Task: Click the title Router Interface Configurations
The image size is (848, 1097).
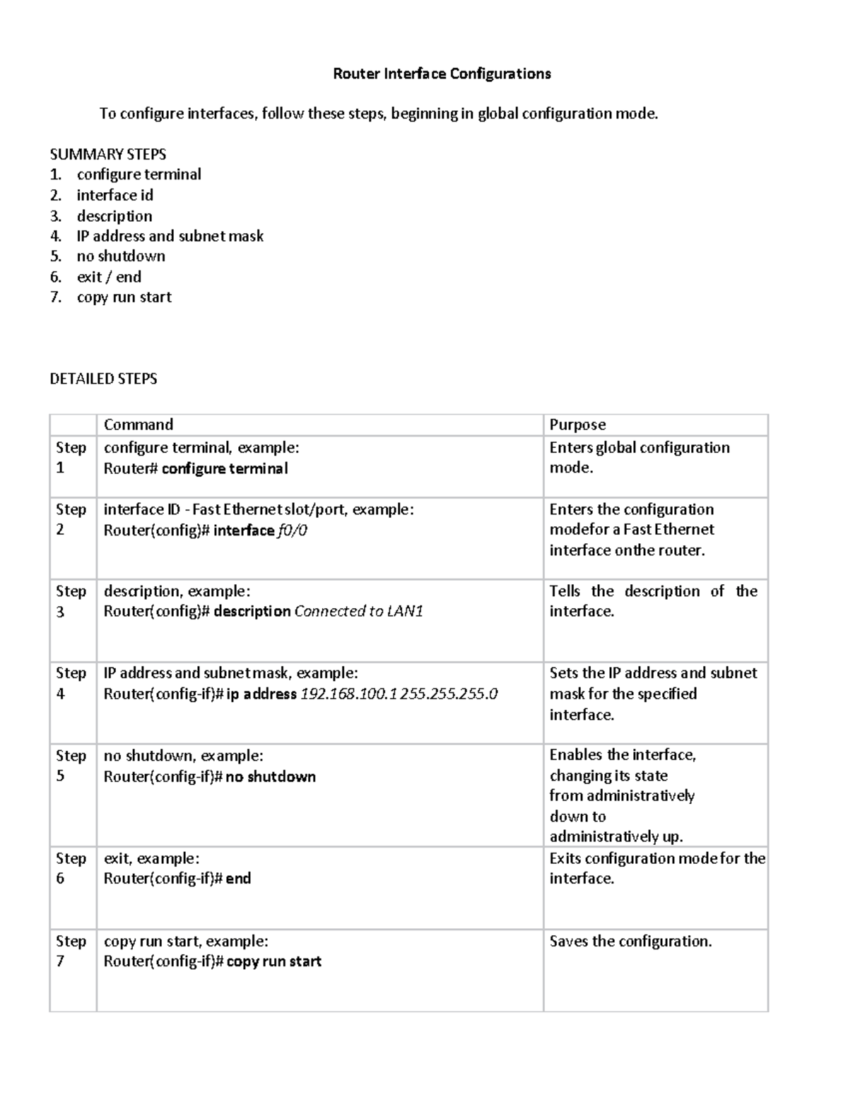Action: point(442,73)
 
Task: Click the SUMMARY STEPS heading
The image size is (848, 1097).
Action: point(107,154)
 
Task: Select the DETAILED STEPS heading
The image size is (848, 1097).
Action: point(103,379)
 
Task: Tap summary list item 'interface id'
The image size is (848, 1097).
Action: point(114,195)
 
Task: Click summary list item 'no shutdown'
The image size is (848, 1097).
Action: point(121,256)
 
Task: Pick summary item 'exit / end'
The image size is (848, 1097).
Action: point(109,277)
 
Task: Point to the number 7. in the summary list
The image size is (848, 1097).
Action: point(56,297)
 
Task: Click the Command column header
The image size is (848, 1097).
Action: point(138,425)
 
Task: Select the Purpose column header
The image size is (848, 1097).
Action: point(577,425)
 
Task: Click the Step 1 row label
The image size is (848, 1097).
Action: point(71,457)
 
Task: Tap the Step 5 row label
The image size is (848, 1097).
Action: point(71,765)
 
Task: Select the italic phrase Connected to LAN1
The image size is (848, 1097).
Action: point(358,612)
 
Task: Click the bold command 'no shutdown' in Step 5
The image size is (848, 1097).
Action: point(271,777)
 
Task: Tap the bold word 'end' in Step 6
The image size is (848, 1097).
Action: point(238,879)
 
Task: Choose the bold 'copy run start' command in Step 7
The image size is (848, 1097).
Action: point(273,961)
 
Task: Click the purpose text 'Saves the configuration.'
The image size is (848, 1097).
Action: point(630,941)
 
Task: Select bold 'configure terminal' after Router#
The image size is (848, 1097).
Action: point(225,469)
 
